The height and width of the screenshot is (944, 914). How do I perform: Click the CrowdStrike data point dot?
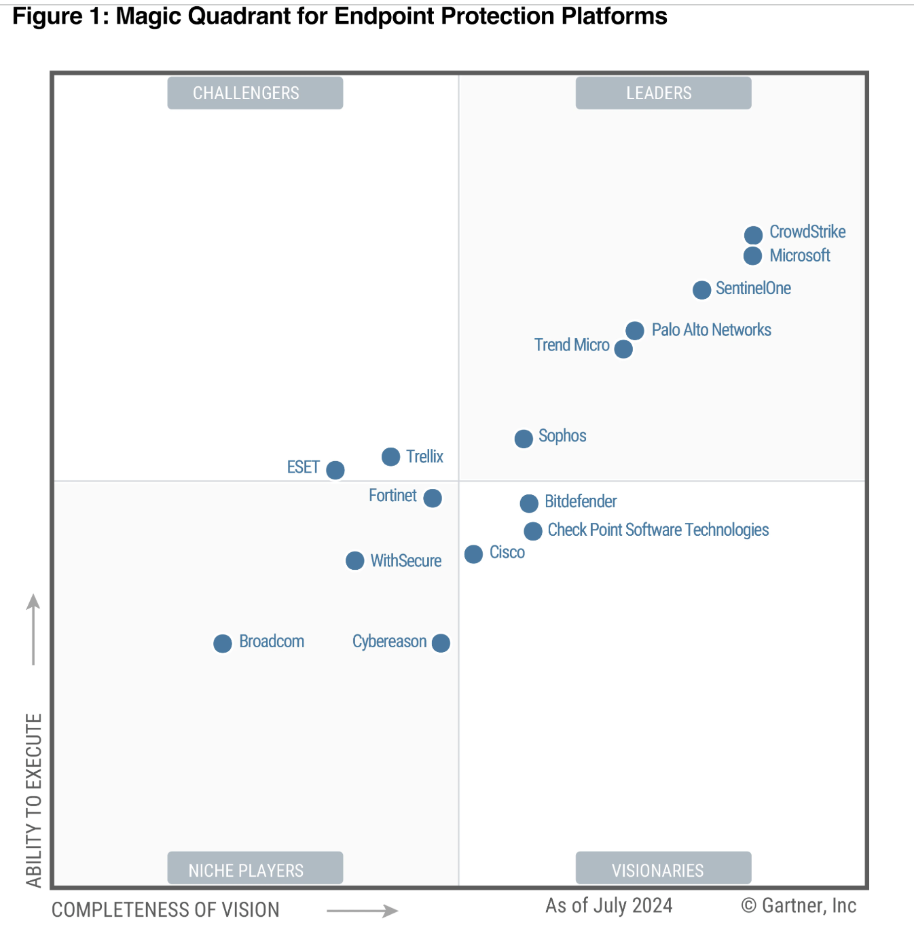pos(753,235)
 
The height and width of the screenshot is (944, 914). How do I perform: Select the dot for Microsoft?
pos(752,256)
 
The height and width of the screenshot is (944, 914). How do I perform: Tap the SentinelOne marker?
pos(701,290)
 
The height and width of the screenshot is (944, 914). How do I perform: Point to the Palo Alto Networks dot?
pos(635,331)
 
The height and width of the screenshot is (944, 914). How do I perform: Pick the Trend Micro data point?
pos(623,349)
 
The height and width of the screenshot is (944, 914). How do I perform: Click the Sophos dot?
pos(524,439)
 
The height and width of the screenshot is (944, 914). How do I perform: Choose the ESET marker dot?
pos(335,470)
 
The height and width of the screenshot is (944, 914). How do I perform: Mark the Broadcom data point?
pos(223,643)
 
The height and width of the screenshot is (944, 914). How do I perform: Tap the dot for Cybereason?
pos(441,643)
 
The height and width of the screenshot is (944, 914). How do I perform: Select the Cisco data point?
pos(473,554)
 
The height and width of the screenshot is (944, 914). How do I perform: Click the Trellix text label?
pos(424,456)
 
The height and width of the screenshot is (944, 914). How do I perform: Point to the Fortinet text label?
pos(392,496)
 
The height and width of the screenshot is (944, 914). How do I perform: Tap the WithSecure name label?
pos(405,561)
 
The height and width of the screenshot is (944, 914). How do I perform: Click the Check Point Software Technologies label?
pos(658,530)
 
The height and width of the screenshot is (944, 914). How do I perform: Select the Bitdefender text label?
pos(581,502)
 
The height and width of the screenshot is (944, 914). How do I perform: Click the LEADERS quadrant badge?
pos(663,93)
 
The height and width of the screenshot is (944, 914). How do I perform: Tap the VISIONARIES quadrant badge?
pos(663,869)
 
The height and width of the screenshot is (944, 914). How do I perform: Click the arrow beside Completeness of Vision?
pos(362,911)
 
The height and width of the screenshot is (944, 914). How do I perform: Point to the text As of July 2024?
pos(609,906)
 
